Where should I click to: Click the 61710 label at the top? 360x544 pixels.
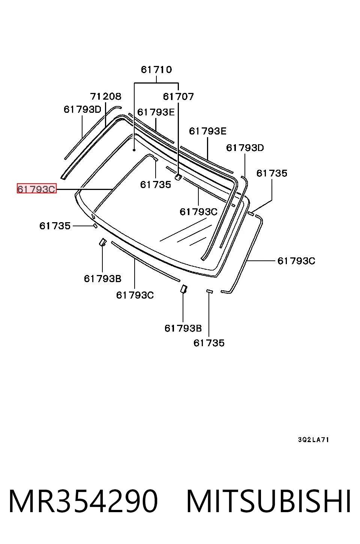156,70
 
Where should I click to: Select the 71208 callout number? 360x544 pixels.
105,96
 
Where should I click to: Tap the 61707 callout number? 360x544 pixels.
178,97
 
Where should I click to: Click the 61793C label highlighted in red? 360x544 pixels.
36,189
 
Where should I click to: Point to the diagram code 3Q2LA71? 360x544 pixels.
313,439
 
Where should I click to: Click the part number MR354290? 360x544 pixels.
83,501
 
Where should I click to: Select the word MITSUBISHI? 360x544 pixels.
268,501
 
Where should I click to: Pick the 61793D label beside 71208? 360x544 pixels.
82,109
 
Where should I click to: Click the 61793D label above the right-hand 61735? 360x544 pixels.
245,148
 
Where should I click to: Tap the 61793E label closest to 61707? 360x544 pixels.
156,112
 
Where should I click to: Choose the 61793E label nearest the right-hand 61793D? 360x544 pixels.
208,131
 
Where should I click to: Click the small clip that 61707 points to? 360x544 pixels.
178,177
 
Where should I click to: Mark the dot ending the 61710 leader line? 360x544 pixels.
134,150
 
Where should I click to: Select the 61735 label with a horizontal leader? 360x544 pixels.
55,226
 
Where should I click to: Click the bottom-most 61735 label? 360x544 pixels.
209,343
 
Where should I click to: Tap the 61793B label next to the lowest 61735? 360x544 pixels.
183,328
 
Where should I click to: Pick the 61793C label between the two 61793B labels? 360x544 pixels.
135,295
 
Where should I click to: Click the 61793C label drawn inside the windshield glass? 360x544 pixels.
198,212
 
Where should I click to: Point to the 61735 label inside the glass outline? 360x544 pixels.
156,185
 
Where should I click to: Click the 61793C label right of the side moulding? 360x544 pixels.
296,261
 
